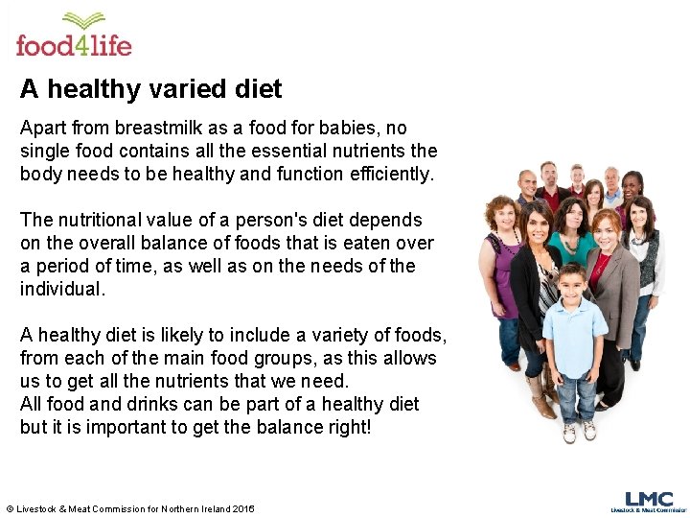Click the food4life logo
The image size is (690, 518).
click(x=74, y=35)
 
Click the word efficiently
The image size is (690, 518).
click(x=391, y=174)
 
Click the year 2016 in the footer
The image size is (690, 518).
click(x=243, y=508)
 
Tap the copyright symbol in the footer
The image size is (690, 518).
click(x=10, y=508)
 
